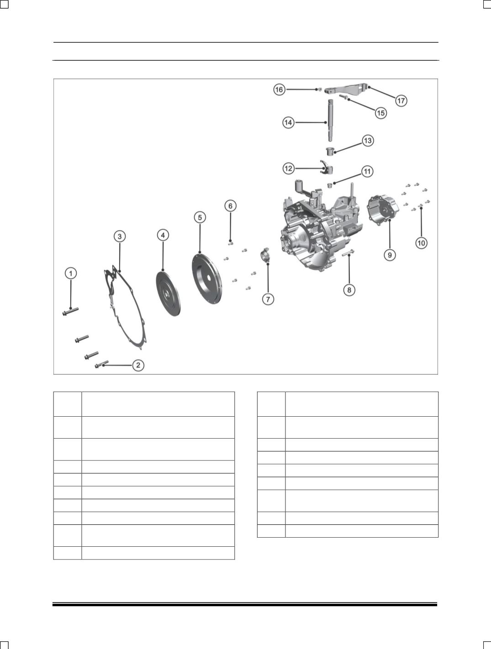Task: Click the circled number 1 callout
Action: click(x=70, y=273)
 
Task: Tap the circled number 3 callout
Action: click(x=119, y=236)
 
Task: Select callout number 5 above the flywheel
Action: click(x=200, y=217)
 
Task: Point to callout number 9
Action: click(x=390, y=255)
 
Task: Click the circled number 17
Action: click(x=401, y=101)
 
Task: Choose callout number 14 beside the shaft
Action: click(x=288, y=122)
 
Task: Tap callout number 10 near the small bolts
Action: click(x=421, y=243)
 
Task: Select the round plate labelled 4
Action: click(x=169, y=292)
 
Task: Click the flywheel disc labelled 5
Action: click(x=206, y=278)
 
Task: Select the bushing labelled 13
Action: click(x=330, y=151)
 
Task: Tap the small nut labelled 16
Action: click(x=320, y=89)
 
